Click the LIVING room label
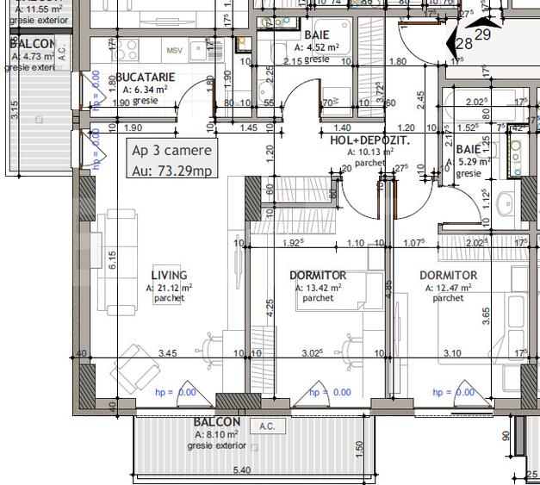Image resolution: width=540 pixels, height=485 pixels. (169, 276)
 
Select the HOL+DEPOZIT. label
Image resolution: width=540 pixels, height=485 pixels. (369, 139)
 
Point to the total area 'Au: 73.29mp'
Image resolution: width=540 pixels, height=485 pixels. (171, 170)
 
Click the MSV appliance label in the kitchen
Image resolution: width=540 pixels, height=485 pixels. (176, 50)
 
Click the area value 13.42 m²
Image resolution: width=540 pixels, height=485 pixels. (322, 288)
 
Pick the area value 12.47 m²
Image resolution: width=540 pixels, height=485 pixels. (451, 288)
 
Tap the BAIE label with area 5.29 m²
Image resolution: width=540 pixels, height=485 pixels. (470, 148)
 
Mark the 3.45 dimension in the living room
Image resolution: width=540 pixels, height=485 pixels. (168, 352)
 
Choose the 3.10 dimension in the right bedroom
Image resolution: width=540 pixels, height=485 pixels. (450, 352)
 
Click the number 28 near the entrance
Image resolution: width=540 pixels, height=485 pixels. (463, 43)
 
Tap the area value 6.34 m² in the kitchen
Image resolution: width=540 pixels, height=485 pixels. (144, 88)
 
